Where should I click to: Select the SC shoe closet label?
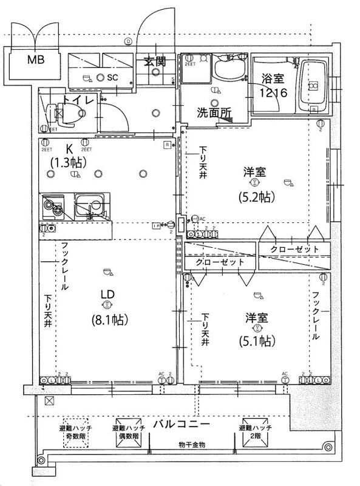[x=112, y=78]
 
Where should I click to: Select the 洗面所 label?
[x=212, y=112]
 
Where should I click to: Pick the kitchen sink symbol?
[x=89, y=208]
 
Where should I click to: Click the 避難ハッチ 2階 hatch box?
[x=256, y=433]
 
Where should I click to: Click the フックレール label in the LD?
[x=66, y=267]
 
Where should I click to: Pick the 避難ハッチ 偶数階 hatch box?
[x=127, y=433]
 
